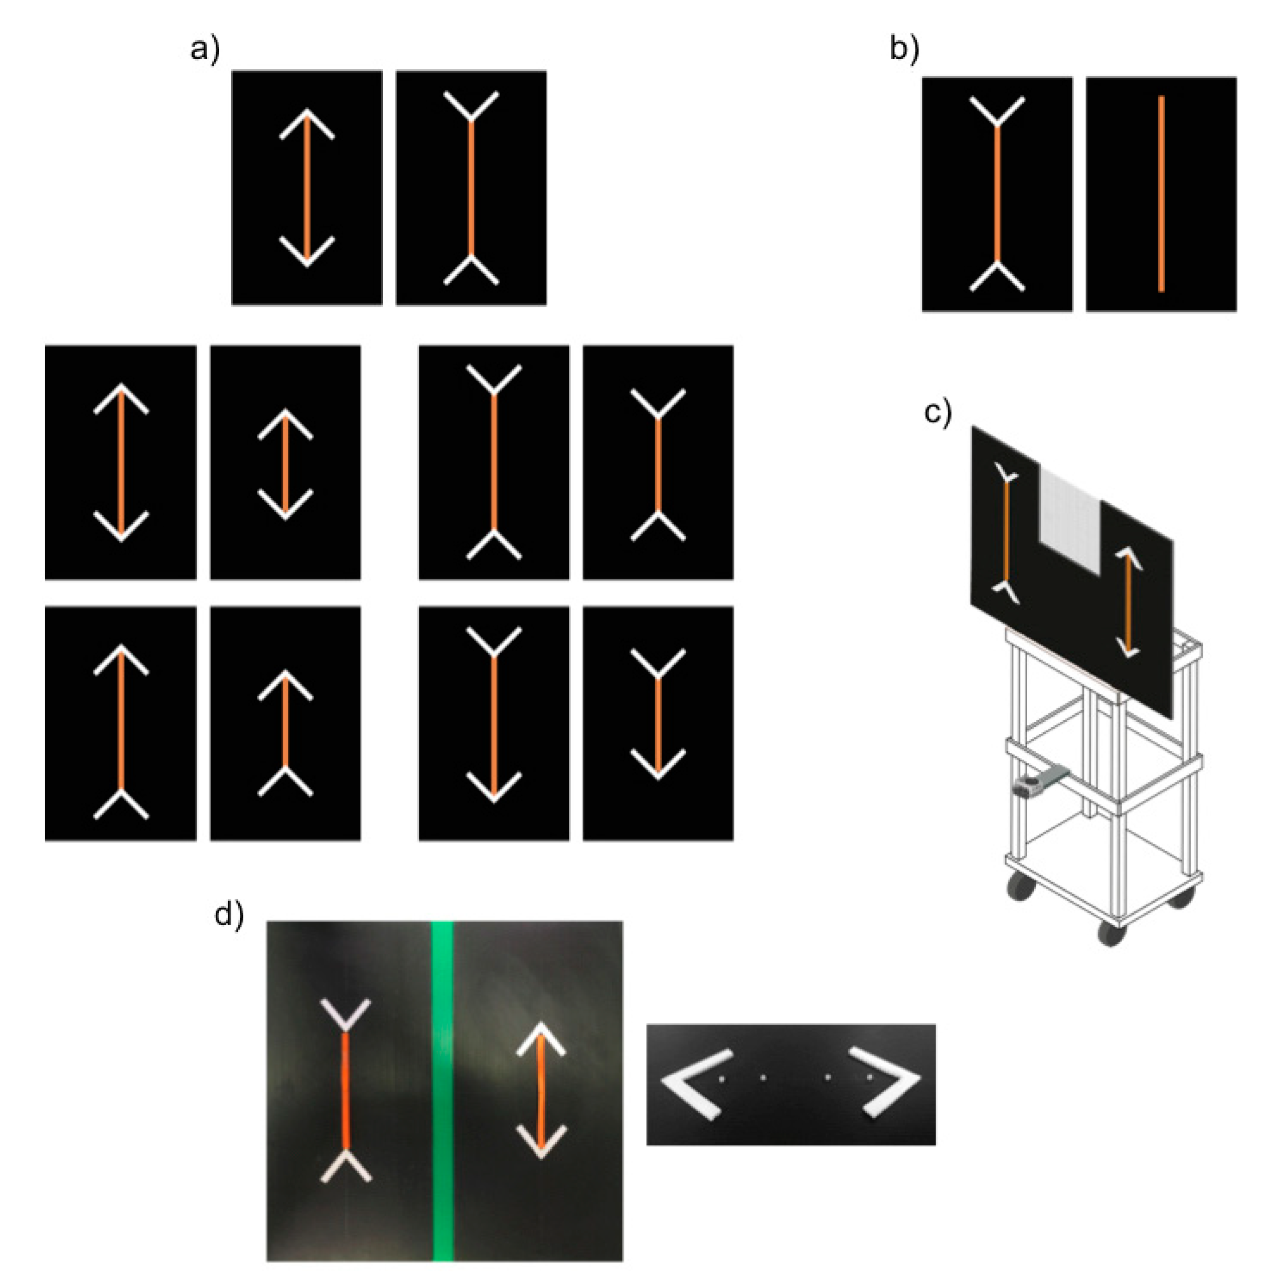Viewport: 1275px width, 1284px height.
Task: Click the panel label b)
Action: pyautogui.click(x=904, y=50)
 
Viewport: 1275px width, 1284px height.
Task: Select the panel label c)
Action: pyautogui.click(x=937, y=413)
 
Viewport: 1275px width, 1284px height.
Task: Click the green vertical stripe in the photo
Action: pyautogui.click(x=442, y=1090)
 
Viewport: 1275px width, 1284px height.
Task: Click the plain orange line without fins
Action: pyautogui.click(x=1161, y=193)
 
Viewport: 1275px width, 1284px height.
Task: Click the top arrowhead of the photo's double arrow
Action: pyautogui.click(x=541, y=1038)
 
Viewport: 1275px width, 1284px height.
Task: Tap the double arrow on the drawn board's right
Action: pyautogui.click(x=1127, y=602)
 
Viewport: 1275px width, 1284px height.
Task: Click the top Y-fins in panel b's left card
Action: pyautogui.click(x=997, y=111)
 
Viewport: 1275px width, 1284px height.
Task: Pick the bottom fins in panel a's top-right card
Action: pyautogui.click(x=470, y=270)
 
